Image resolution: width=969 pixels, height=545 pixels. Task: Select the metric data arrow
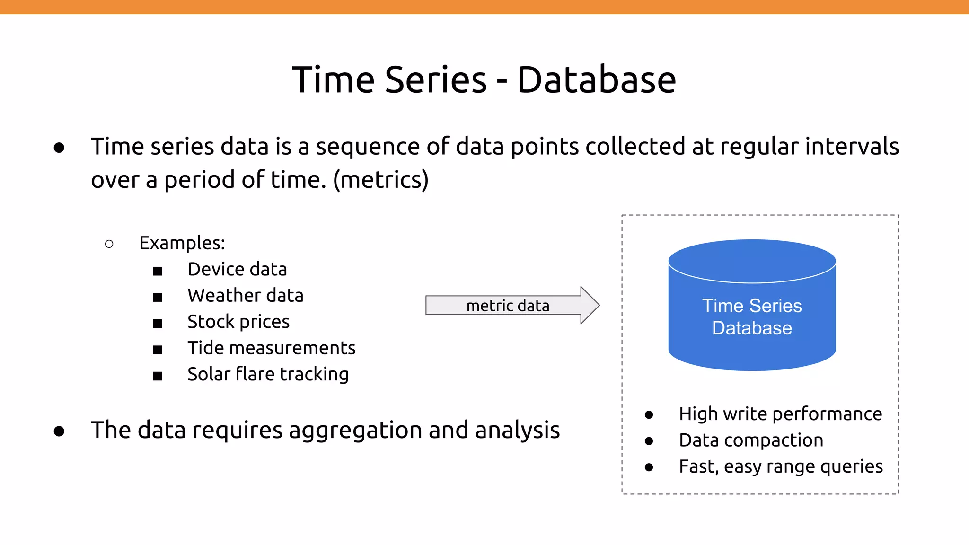point(511,305)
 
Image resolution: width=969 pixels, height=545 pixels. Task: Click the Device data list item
point(237,269)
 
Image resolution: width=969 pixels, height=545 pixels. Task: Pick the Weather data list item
point(245,296)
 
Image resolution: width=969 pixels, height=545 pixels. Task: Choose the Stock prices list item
point(238,322)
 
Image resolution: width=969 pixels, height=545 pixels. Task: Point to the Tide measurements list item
point(271,348)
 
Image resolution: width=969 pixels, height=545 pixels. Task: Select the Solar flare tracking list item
point(268,374)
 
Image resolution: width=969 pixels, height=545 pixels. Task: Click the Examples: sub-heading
point(182,243)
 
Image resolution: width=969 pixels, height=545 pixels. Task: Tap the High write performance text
point(780,414)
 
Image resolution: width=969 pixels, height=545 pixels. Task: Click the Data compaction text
point(751,440)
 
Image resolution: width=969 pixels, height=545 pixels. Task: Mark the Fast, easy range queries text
point(781,466)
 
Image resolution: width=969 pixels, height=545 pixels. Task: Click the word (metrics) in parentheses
point(381,180)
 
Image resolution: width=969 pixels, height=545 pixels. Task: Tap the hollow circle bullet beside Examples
point(109,244)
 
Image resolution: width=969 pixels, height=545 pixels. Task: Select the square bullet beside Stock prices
point(158,324)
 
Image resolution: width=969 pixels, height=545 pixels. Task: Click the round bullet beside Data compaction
point(649,441)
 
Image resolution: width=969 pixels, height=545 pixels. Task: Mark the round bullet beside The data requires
point(59,431)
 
